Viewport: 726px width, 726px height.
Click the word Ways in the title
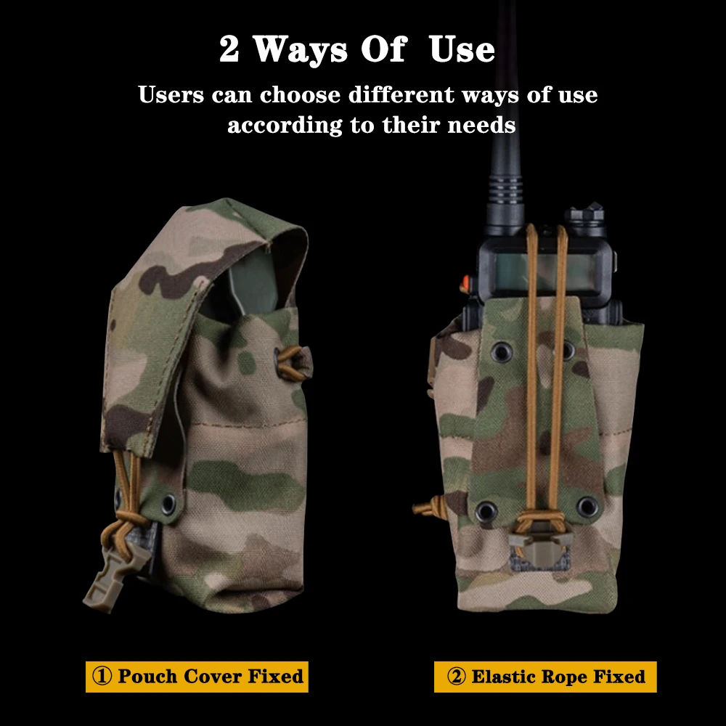click(300, 49)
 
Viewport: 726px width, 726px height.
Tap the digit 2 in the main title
click(229, 49)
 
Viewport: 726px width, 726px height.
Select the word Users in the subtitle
click(171, 95)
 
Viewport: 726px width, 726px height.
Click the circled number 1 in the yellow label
click(102, 676)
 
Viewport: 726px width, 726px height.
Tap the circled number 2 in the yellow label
click(456, 677)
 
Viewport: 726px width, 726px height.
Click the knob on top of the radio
click(587, 216)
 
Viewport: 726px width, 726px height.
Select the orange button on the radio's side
click(465, 282)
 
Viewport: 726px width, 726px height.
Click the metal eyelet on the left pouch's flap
click(168, 502)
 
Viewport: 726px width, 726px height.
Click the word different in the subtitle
click(401, 95)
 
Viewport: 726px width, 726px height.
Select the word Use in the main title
click(462, 49)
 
